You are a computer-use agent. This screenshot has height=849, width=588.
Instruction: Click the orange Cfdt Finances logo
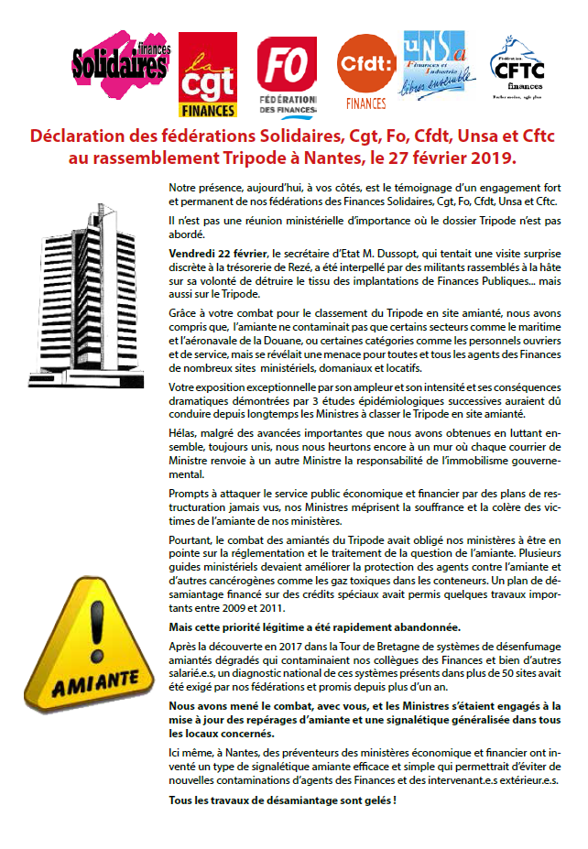365,71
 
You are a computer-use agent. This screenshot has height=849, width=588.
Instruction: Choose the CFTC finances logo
518,69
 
